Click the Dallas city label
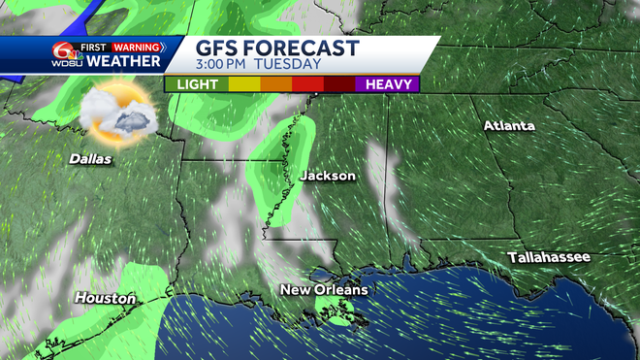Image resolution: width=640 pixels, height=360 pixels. pos(90,158)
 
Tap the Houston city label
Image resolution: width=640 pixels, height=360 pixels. pos(105,298)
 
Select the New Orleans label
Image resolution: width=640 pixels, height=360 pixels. pos(324,290)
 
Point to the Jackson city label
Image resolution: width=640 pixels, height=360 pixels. pos(327,176)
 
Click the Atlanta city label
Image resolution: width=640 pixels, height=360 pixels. pos(510,126)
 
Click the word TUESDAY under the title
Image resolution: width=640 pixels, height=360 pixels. pos(287,65)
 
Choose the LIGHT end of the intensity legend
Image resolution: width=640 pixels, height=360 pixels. pos(197,84)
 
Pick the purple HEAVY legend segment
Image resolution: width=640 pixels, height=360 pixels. pos(387,84)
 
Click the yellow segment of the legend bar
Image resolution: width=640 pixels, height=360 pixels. pos(243,84)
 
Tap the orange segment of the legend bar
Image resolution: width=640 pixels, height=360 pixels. pos(274,84)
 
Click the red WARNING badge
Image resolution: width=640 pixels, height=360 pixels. pos(138,46)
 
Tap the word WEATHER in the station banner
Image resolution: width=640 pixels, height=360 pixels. pos(124,62)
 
